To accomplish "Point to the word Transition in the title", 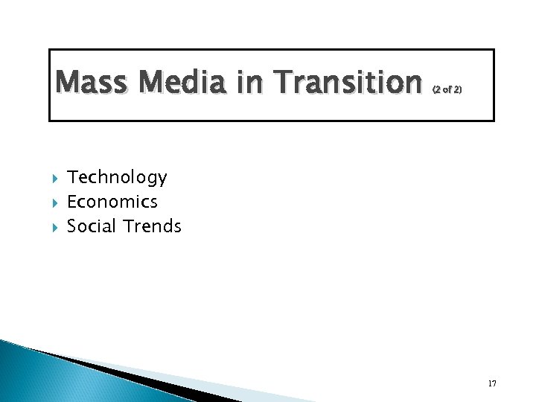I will (x=345, y=82).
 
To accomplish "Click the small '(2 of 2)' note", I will (x=447, y=89).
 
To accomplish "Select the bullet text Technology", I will (x=117, y=177).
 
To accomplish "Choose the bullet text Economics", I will (x=112, y=202).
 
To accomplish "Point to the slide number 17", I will (x=492, y=383).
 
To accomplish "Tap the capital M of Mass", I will (x=67, y=82).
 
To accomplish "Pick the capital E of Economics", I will (x=71, y=202).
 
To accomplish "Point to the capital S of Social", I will (x=71, y=226).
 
